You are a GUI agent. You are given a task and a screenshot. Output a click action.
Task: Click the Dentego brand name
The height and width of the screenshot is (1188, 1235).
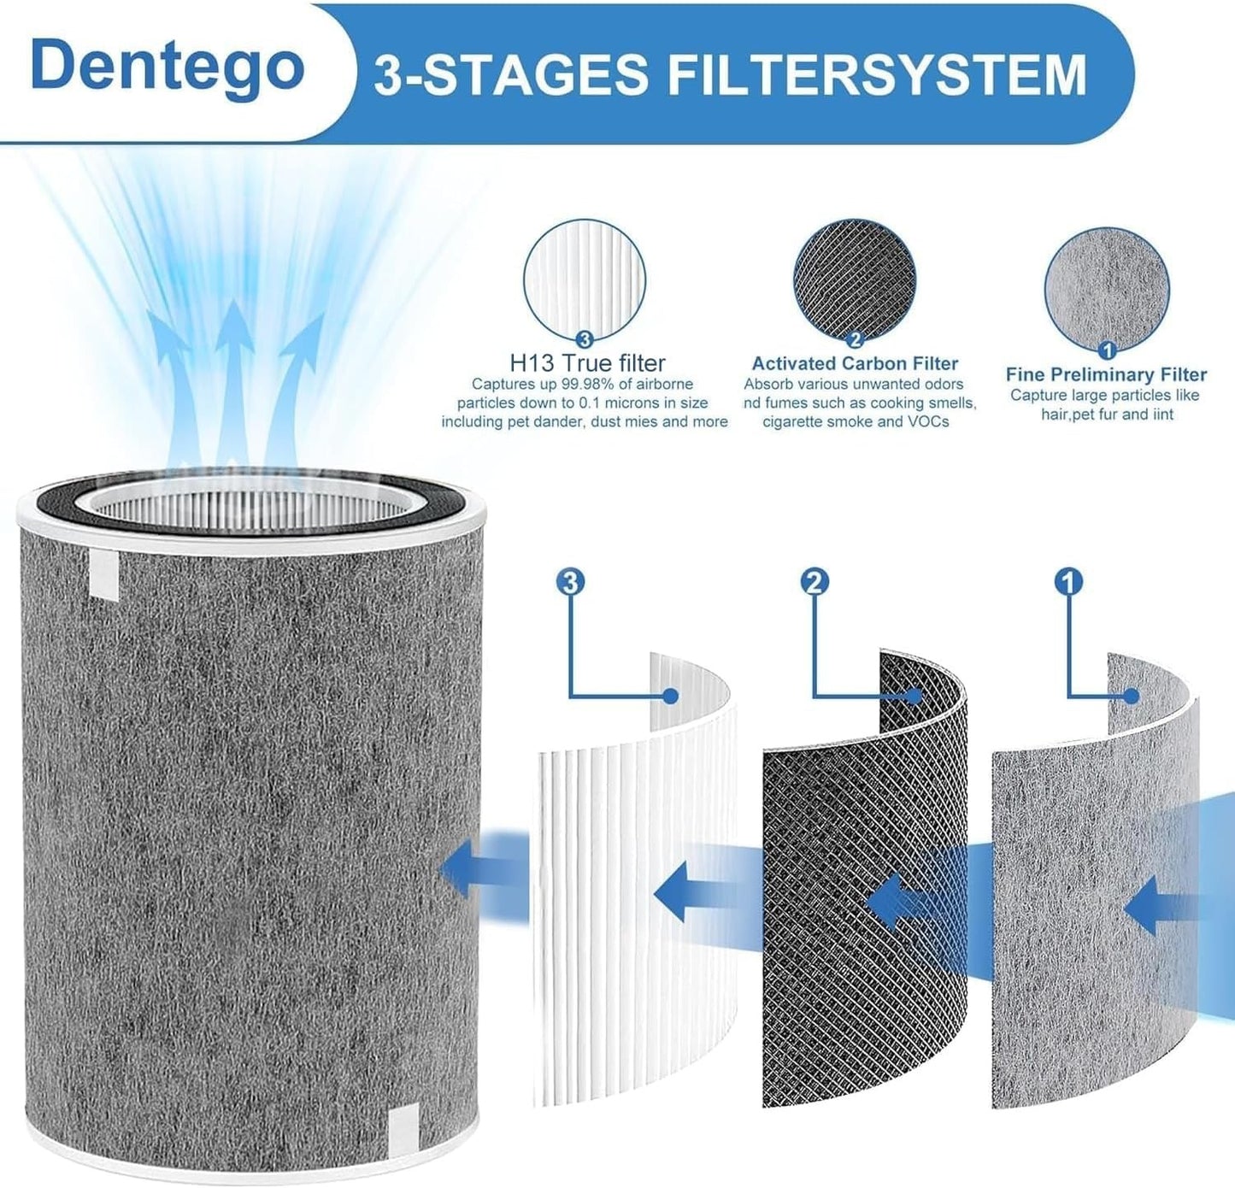(x=168, y=68)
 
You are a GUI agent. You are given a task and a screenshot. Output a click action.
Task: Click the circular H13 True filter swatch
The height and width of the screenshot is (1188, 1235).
(x=585, y=281)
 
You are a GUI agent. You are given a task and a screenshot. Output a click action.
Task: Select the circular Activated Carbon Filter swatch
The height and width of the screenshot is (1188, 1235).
(x=855, y=282)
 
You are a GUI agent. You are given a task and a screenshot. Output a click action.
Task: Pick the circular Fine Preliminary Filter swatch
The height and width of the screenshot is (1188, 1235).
(x=1107, y=290)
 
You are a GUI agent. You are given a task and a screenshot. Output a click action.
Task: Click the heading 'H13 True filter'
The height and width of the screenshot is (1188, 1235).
(x=588, y=363)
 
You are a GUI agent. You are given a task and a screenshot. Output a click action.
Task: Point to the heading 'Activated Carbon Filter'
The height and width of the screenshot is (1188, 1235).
(x=855, y=363)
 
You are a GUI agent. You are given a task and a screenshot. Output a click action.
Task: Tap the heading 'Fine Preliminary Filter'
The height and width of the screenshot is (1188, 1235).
(x=1106, y=374)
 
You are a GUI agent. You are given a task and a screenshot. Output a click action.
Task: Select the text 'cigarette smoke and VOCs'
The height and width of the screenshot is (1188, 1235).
(x=856, y=421)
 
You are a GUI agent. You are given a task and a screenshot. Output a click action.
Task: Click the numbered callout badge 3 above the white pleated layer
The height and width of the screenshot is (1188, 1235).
(x=570, y=582)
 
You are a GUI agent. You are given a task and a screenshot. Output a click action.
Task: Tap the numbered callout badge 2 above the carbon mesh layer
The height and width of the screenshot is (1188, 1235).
(x=815, y=582)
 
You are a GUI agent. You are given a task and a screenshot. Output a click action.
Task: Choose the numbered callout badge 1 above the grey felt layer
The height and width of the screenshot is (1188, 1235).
(x=1067, y=582)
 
